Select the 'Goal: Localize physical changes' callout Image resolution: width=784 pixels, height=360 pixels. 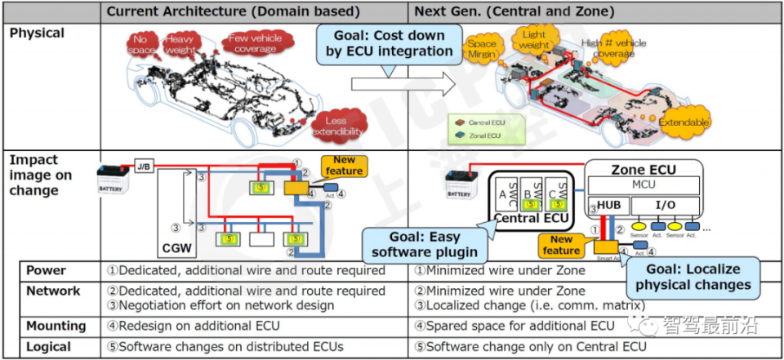693,278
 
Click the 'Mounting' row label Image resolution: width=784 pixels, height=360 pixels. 56,326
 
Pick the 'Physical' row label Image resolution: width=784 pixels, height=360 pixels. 38,33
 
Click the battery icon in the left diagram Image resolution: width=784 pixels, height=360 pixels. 112,180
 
